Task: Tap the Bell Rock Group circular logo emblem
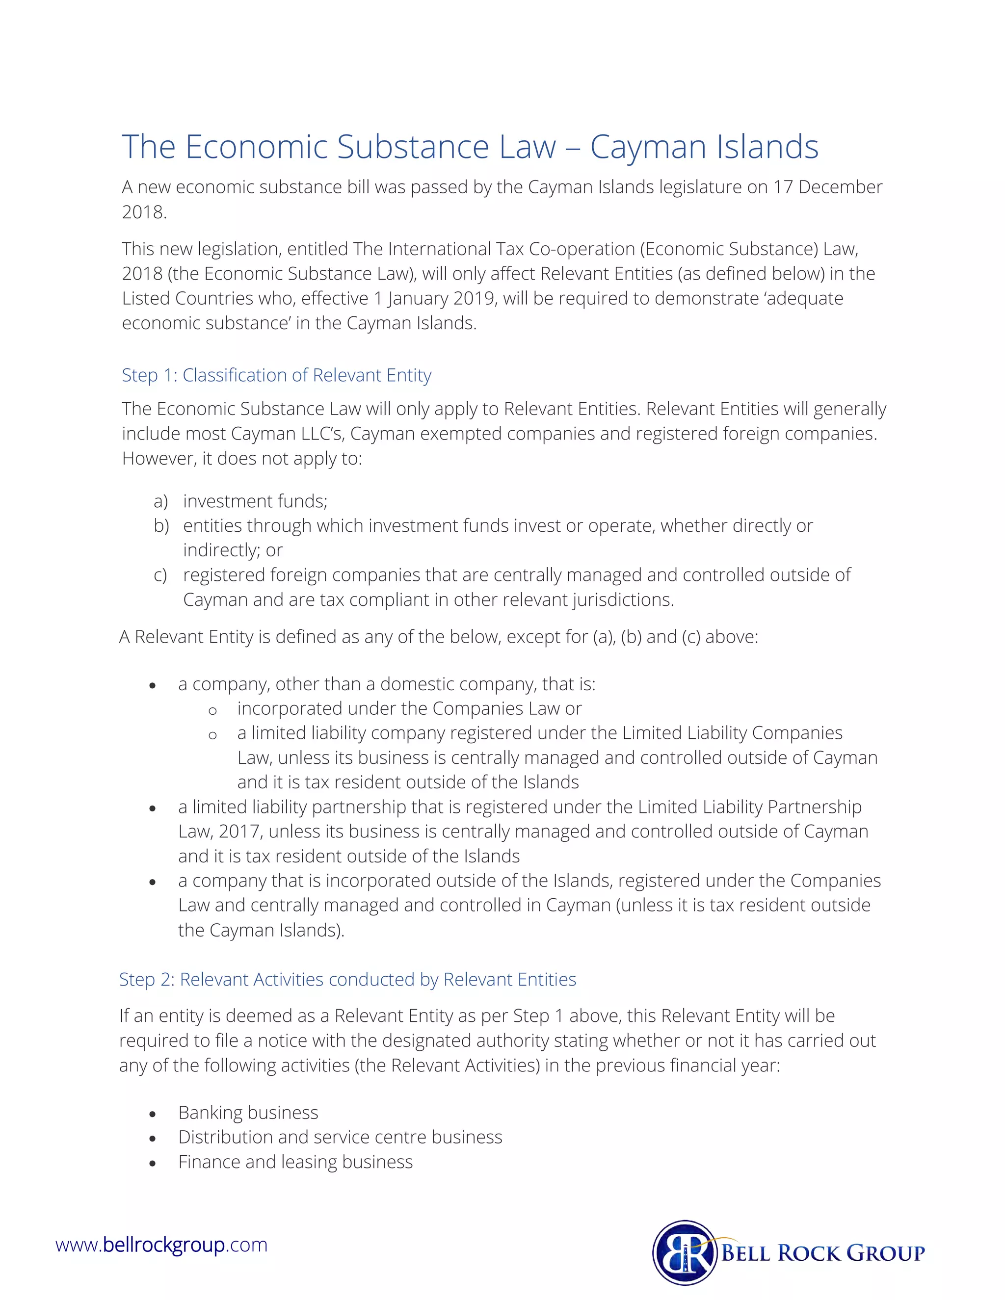684,1252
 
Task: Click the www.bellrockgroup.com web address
161,1245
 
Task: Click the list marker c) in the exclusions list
159,575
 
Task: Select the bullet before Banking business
153,1114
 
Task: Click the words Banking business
248,1113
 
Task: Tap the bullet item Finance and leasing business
295,1162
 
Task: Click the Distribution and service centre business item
340,1137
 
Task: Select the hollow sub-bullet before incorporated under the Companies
212,710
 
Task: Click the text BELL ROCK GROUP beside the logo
823,1252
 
